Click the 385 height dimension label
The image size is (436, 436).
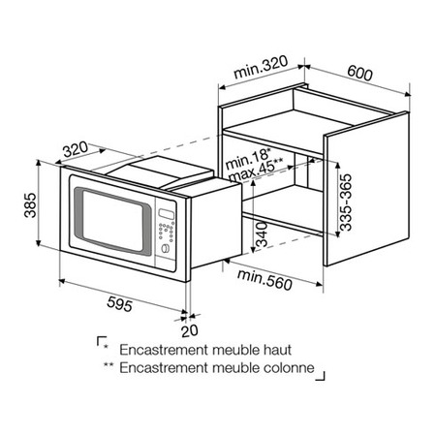[x=31, y=205]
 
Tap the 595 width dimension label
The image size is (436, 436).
[x=119, y=304]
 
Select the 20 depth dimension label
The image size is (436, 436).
[x=190, y=331]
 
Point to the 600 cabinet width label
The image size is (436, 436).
[x=359, y=73]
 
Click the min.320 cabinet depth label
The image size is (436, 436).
[x=261, y=67]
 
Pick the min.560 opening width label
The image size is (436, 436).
[x=265, y=280]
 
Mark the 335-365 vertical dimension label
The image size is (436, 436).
[x=346, y=202]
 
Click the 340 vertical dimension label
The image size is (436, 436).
[x=262, y=234]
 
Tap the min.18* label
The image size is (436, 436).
[x=248, y=159]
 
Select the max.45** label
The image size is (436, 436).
[x=256, y=170]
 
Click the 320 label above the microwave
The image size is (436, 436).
[x=76, y=149]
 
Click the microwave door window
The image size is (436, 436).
[x=112, y=222]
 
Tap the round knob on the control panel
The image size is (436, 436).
[x=165, y=249]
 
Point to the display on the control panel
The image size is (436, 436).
[x=167, y=213]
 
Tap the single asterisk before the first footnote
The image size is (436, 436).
[x=106, y=347]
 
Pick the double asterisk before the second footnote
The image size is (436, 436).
[x=109, y=364]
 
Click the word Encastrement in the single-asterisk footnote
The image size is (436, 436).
[x=165, y=350]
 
